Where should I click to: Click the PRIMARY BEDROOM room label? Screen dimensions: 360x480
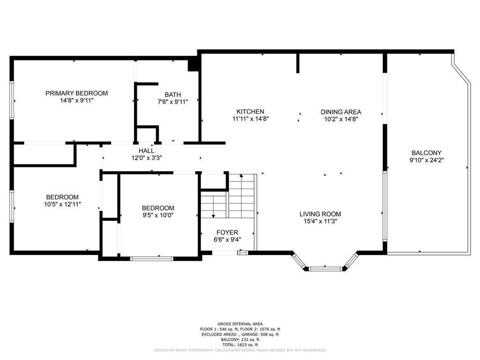click(x=76, y=93)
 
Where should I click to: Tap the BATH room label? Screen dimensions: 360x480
click(x=172, y=95)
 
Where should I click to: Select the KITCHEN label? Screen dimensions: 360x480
click(x=250, y=112)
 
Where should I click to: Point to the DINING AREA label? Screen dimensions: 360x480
click(x=341, y=112)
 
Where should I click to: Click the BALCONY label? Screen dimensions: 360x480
click(x=426, y=153)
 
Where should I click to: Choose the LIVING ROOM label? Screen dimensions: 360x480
click(x=320, y=214)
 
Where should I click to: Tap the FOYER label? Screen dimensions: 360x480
click(x=227, y=232)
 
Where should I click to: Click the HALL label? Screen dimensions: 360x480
click(x=146, y=151)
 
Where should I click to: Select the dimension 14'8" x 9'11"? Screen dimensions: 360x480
click(x=76, y=101)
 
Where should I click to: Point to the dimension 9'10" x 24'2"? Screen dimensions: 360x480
click(x=426, y=160)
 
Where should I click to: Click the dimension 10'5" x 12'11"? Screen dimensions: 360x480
click(x=62, y=204)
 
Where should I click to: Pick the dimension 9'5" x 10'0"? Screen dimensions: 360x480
click(x=158, y=215)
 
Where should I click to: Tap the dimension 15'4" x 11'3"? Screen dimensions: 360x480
click(x=320, y=221)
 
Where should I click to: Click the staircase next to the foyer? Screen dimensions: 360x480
click(x=229, y=196)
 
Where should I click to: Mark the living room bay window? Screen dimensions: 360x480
click(x=324, y=269)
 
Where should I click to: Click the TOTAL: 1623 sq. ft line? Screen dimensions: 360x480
click(x=240, y=345)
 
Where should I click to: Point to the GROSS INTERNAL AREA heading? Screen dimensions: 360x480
click(x=240, y=324)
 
